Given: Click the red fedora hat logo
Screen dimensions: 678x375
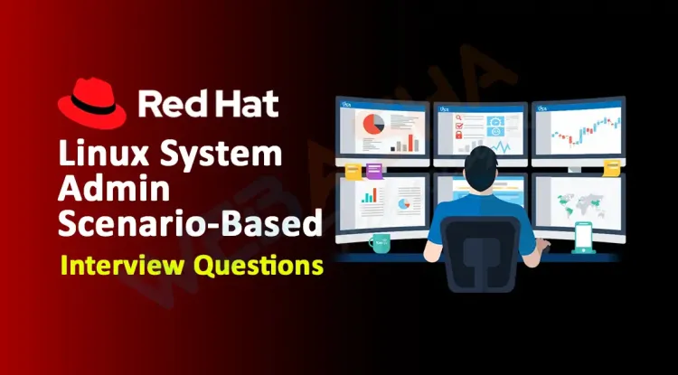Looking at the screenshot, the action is (x=91, y=104).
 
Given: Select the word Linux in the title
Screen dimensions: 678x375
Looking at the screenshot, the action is (x=107, y=154).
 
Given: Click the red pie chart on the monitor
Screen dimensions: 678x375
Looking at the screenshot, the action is (x=373, y=124).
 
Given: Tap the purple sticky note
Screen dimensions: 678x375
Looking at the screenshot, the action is (x=374, y=171).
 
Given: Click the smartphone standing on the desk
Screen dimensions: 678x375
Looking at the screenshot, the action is (x=583, y=237).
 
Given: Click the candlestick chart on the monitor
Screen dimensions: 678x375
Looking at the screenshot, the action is (x=587, y=130).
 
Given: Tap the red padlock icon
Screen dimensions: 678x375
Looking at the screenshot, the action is (x=458, y=135).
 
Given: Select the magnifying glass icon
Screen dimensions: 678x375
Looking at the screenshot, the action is (x=458, y=116).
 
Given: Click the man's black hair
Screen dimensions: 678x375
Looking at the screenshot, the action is (x=481, y=161).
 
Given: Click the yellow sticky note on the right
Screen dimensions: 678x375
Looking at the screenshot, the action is (x=612, y=168).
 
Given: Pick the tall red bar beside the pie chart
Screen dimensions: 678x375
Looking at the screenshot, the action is (x=410, y=143).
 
